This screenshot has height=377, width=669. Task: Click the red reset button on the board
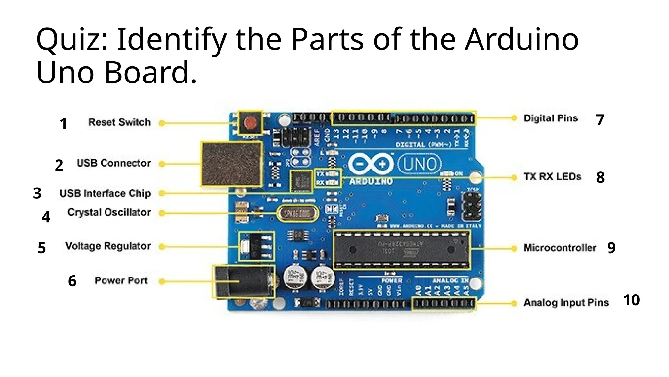coord(251,123)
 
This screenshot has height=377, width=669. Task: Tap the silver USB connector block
coord(231,164)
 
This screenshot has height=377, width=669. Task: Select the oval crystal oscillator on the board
coord(297,213)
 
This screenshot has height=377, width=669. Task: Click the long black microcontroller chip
coord(402,250)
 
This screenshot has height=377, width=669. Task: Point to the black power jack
coord(243,282)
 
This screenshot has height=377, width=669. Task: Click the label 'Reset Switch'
coord(120,122)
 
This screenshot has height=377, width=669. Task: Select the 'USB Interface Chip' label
coord(105,193)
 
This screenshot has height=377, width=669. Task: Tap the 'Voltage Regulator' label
coord(108,246)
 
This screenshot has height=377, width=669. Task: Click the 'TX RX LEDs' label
coord(552,177)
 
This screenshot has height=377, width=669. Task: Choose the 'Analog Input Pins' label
coord(566,302)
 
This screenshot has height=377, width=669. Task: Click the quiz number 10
coord(631,300)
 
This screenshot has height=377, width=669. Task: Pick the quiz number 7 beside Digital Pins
coord(600,120)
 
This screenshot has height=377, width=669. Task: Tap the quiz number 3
coord(37,193)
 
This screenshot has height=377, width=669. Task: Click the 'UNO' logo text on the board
coord(420,164)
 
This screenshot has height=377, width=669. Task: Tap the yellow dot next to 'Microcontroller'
coord(514,248)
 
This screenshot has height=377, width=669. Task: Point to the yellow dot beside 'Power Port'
coord(162,281)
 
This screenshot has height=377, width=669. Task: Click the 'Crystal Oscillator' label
coord(109,212)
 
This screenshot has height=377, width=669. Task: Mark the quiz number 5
coord(41,248)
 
